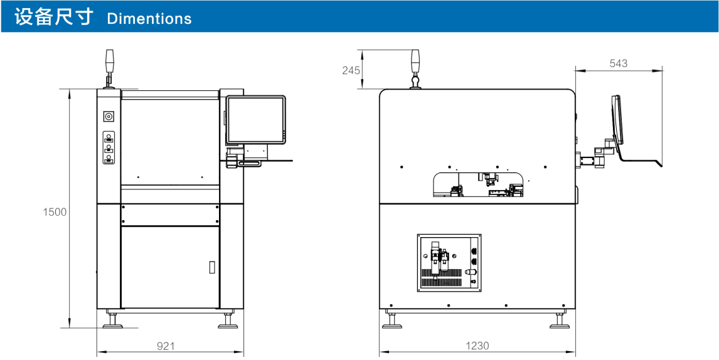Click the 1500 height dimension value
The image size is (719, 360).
pyautogui.click(x=55, y=213)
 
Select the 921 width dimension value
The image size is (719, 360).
pyautogui.click(x=166, y=346)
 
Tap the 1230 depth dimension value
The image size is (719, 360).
pyautogui.click(x=477, y=346)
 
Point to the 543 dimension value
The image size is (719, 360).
pyautogui.click(x=619, y=64)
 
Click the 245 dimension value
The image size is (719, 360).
pyautogui.click(x=351, y=70)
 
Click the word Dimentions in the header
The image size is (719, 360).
pyautogui.click(x=149, y=19)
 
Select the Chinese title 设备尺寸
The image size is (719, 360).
pyautogui.click(x=54, y=18)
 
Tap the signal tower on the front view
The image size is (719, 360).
pyautogui.click(x=109, y=68)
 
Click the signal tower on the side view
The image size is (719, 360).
pyautogui.click(x=415, y=68)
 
